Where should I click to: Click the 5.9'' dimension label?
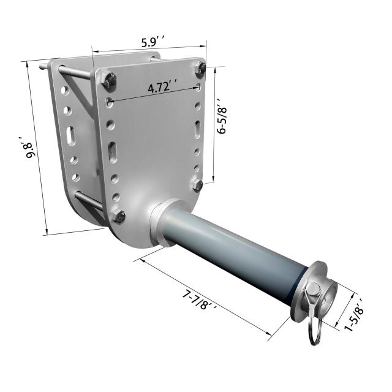pyautogui.click(x=153, y=42)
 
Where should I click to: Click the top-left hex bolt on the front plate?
pyautogui.click(x=109, y=80)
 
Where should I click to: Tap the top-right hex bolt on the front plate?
pyautogui.click(x=200, y=68)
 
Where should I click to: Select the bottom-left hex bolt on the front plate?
pyautogui.click(x=119, y=216)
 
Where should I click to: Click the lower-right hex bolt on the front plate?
pyautogui.click(x=197, y=186)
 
